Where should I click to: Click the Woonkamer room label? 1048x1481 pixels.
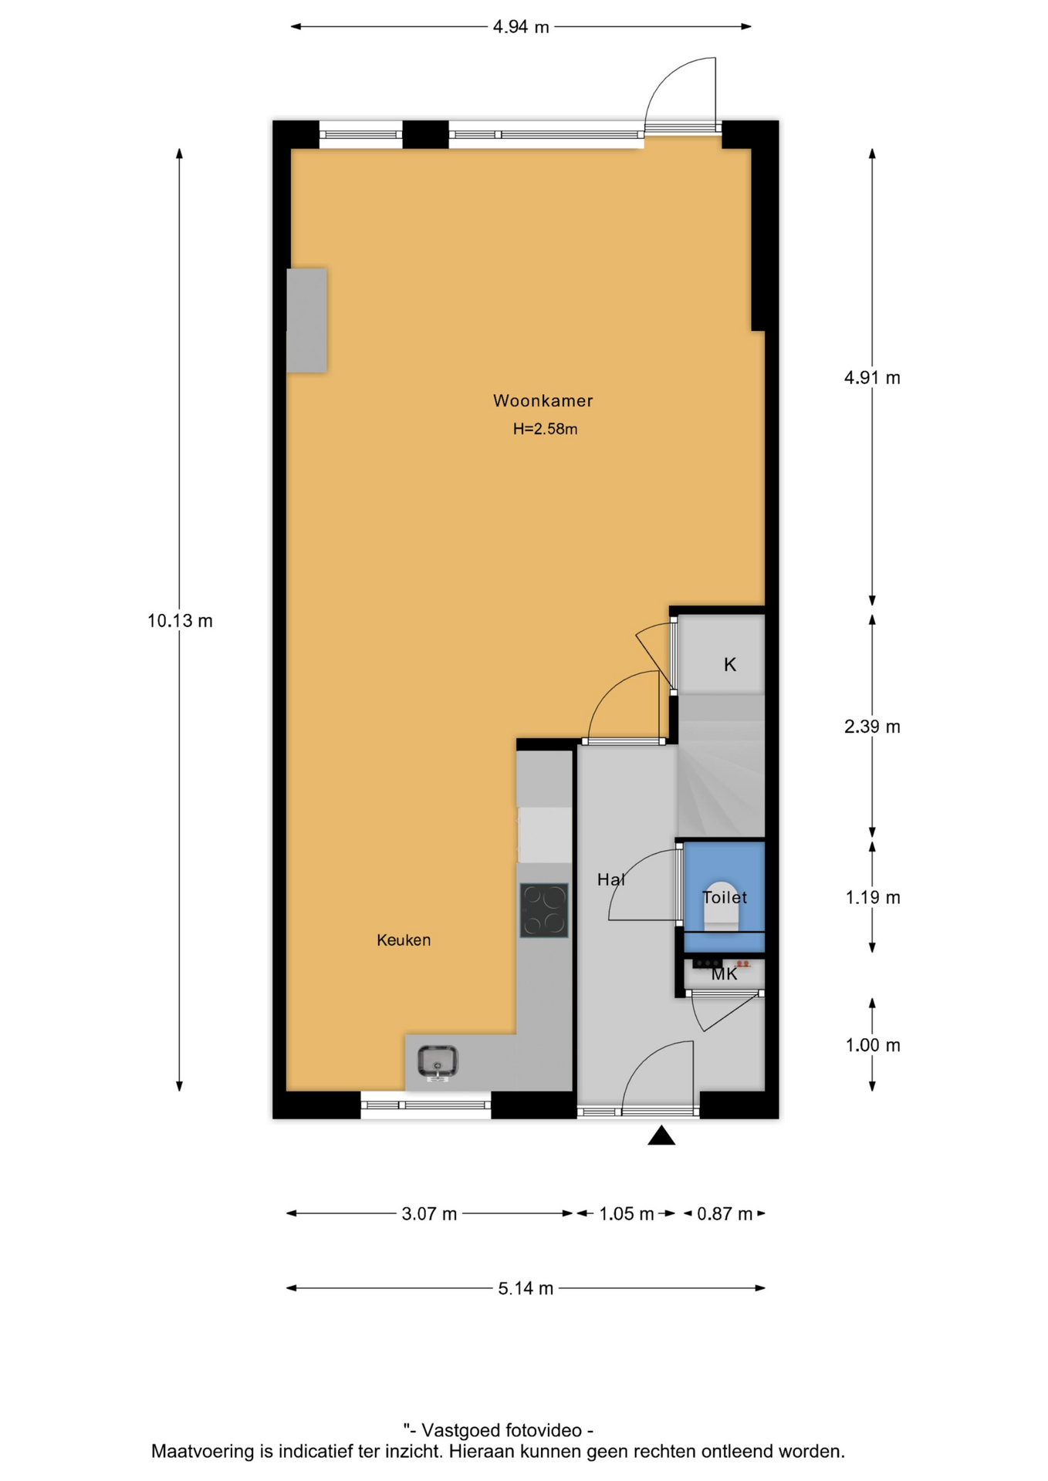pos(543,400)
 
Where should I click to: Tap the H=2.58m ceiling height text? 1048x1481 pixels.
pos(545,429)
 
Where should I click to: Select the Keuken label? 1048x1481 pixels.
pos(404,940)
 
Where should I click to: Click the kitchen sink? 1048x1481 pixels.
pos(438,1062)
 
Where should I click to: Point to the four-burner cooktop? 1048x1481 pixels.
pos(544,910)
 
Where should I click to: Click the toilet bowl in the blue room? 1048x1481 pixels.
pos(722,904)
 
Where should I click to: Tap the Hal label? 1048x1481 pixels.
pos(611,879)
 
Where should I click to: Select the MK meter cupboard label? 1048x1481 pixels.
pos(724,974)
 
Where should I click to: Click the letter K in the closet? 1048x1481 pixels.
pos(730,664)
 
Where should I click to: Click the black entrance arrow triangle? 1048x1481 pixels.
pos(661,1135)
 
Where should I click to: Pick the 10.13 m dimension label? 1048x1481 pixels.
pos(180,621)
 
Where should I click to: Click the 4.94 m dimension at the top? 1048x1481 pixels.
pos(521,27)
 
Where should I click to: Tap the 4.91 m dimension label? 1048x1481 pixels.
pos(872,378)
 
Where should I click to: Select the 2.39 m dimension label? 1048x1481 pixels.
pos(872,727)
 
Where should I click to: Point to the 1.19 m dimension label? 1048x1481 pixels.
pos(873,898)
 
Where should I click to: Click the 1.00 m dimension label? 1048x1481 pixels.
pos(873,1045)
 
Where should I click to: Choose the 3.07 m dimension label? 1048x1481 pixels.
pos(429,1214)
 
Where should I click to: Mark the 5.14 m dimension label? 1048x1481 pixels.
pos(526,1288)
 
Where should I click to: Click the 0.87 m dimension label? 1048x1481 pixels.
pos(725,1214)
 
